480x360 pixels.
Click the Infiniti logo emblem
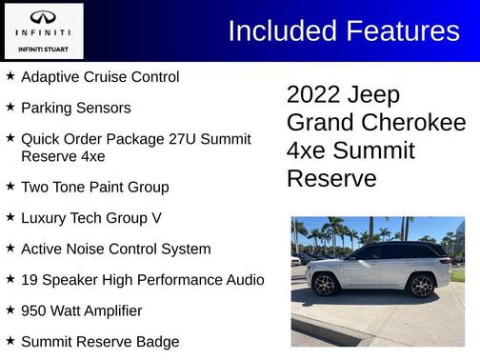[43, 18]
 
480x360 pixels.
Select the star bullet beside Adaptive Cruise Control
[10, 75]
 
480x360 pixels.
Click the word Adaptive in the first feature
[50, 76]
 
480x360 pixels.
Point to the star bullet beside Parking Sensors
[10, 107]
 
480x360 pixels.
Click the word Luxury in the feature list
[45, 218]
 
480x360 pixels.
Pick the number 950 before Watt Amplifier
[36, 310]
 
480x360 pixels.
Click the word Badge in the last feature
[156, 342]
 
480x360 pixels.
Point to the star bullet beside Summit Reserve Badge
[10, 340]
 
